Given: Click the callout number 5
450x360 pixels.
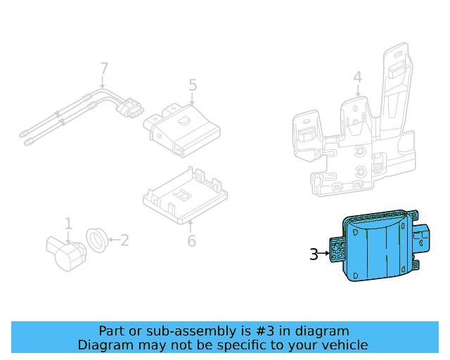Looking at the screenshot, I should point(193,85).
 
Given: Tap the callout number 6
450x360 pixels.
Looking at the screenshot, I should point(191,241).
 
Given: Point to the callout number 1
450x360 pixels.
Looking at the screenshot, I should point(68,224).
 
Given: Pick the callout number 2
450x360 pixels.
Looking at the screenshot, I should point(124,240).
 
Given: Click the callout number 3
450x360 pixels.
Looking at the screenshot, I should point(314,255).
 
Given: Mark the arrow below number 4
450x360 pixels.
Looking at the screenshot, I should point(357,91).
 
